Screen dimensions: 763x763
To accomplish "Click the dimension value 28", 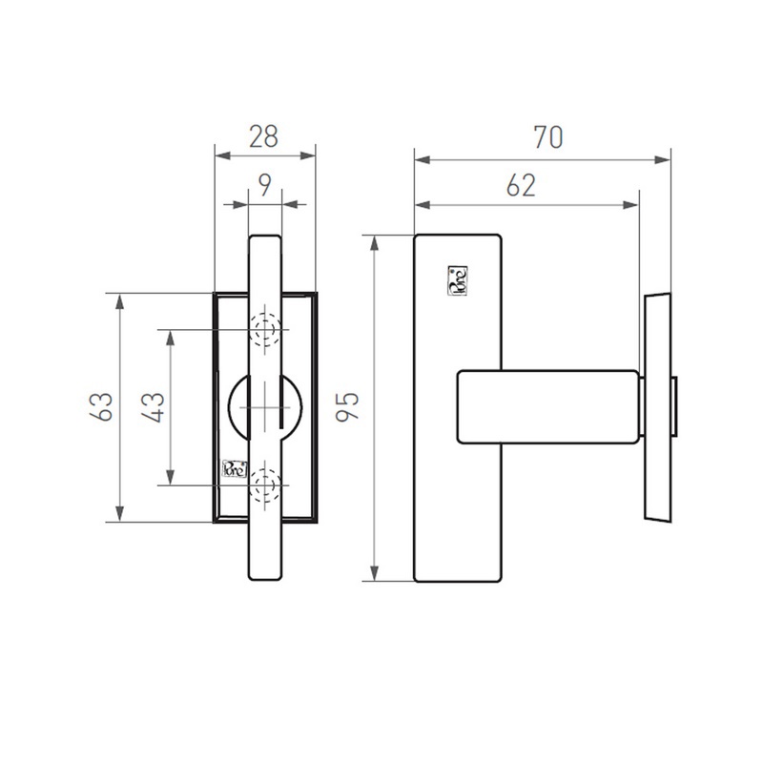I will coord(263,136).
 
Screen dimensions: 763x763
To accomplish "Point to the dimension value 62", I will coord(520,185).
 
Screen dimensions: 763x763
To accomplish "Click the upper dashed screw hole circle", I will coord(265,330).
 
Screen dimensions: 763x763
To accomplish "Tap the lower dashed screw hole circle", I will coord(265,486).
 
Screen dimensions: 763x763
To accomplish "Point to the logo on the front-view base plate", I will coord(234,468).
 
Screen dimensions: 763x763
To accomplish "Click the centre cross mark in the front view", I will coord(263,407).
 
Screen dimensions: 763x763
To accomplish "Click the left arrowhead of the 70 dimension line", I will coord(421,158).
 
